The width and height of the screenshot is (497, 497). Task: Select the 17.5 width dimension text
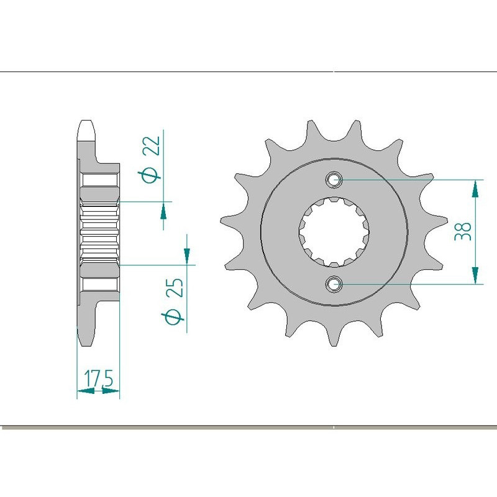(98, 378)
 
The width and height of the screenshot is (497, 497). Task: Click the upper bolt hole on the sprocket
(334, 180)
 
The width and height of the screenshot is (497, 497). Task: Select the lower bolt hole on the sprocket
(334, 285)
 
